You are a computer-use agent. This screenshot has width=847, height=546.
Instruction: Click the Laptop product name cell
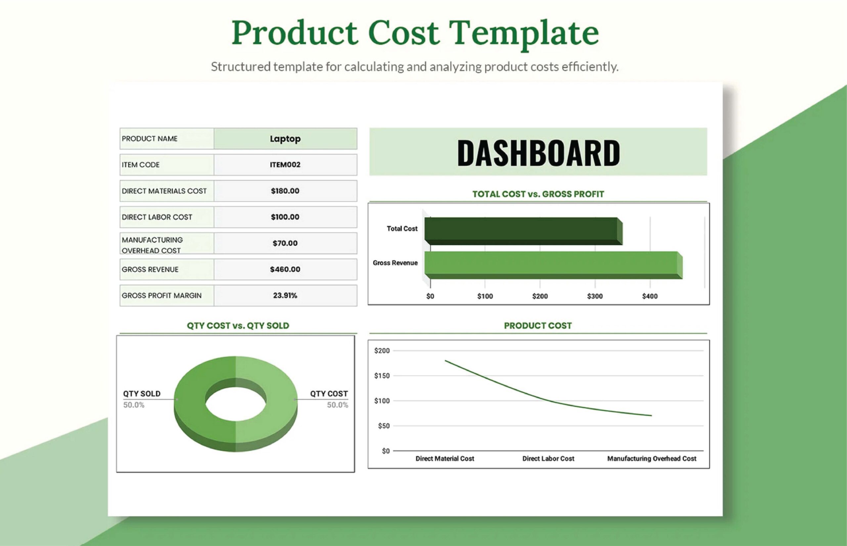(x=285, y=139)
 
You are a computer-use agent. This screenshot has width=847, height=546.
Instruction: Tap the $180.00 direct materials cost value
(x=285, y=191)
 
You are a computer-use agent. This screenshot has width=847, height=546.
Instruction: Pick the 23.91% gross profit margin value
(x=285, y=295)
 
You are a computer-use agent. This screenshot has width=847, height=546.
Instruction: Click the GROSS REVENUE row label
(x=151, y=270)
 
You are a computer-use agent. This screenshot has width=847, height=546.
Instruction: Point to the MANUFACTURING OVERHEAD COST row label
(x=153, y=245)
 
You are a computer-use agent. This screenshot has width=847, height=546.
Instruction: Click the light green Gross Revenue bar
(x=552, y=264)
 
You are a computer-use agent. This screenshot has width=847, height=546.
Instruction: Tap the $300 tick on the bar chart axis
(x=595, y=296)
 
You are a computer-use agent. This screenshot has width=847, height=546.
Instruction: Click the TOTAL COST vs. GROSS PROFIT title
(x=538, y=194)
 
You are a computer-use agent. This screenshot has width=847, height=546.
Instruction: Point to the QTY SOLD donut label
(x=142, y=394)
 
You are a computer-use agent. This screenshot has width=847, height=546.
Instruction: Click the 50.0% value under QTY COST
(x=337, y=405)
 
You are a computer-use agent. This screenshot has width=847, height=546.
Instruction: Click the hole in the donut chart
(x=236, y=404)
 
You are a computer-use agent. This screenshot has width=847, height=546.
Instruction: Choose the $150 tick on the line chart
(x=382, y=376)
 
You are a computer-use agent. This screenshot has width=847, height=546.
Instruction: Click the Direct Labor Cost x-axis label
(x=548, y=458)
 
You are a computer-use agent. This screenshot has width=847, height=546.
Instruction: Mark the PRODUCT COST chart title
(x=538, y=325)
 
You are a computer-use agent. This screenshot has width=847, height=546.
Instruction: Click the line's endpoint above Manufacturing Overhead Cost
(x=651, y=415)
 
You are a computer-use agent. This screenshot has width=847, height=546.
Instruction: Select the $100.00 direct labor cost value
(x=285, y=217)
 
